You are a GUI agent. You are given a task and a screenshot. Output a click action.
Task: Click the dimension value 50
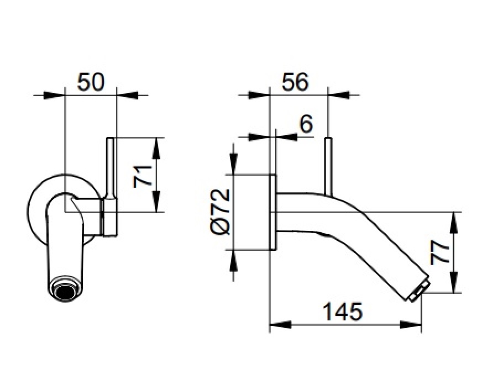tap(91, 82)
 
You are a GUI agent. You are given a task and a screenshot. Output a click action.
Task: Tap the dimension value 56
tap(295, 82)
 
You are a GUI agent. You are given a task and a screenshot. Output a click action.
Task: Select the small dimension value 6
tap(306, 124)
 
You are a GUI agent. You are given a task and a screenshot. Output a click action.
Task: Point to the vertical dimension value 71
tap(142, 176)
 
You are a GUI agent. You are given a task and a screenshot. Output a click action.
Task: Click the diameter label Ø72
tap(220, 212)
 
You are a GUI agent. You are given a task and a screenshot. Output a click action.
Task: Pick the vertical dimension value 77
tap(440, 252)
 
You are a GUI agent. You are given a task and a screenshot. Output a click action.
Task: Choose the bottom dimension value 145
tap(342, 312)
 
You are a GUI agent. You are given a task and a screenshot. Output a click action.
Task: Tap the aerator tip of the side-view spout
tap(419, 291)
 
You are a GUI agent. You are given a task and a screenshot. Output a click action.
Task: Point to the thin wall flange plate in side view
tap(272, 212)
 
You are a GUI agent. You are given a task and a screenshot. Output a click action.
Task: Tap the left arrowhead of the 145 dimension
tap(280, 325)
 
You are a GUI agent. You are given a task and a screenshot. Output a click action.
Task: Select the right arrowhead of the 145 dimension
tap(411, 325)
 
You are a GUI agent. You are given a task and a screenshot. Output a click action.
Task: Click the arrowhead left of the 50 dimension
tap(54, 94)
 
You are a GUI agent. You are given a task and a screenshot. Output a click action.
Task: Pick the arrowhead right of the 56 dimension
tap(339, 94)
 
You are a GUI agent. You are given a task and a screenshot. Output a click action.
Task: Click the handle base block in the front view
tap(109, 217)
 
